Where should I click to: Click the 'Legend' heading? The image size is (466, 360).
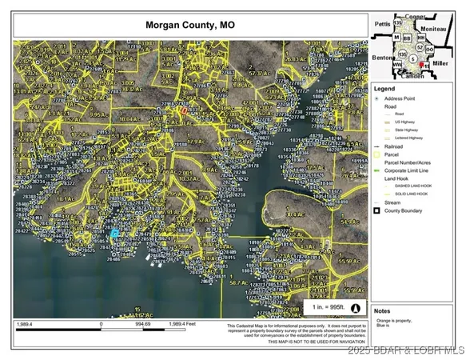point(385,87)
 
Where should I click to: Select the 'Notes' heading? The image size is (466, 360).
point(382,310)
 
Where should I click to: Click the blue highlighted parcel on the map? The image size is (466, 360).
point(114,234)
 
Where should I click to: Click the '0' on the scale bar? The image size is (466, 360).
point(102,325)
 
